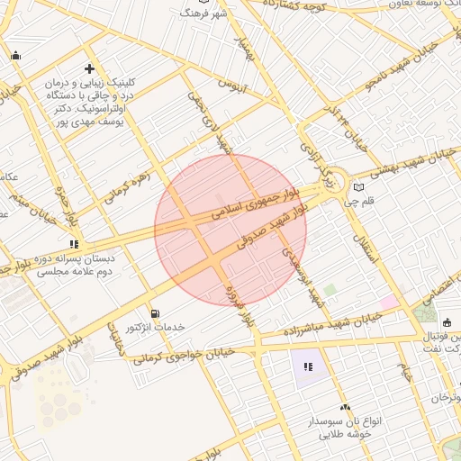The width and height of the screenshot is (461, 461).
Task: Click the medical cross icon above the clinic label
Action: pos(89,68)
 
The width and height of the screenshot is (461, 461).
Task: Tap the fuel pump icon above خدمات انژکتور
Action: pos(157,313)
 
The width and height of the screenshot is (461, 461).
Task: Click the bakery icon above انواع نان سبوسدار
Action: pos(344,407)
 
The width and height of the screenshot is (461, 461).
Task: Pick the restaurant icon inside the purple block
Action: pos(308,366)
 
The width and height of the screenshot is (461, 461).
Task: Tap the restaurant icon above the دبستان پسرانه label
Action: pos(74,243)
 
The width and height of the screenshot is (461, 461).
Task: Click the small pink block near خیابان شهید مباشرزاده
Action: pos(389,303)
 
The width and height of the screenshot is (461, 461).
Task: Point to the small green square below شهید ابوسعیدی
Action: pos(330,290)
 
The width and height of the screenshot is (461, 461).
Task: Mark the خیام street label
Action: pos(407,372)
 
